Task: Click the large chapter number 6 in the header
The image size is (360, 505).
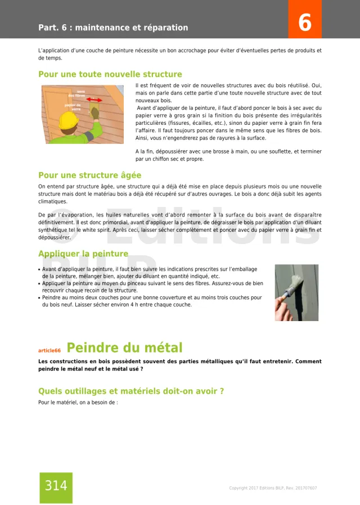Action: (x=304, y=22)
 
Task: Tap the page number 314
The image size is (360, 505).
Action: (x=56, y=486)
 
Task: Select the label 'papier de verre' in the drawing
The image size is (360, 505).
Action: (x=73, y=106)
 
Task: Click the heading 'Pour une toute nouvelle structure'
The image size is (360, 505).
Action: (x=110, y=74)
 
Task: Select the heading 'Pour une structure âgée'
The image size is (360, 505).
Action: (x=89, y=175)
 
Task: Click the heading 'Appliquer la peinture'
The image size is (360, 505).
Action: (x=83, y=254)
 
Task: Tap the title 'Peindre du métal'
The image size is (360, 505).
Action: (x=124, y=348)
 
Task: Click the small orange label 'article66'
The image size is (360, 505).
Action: (x=49, y=350)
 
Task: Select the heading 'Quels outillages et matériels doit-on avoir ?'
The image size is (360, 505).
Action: (x=130, y=391)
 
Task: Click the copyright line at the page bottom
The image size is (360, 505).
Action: (x=273, y=488)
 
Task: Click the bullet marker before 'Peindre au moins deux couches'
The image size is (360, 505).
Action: (x=39, y=297)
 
